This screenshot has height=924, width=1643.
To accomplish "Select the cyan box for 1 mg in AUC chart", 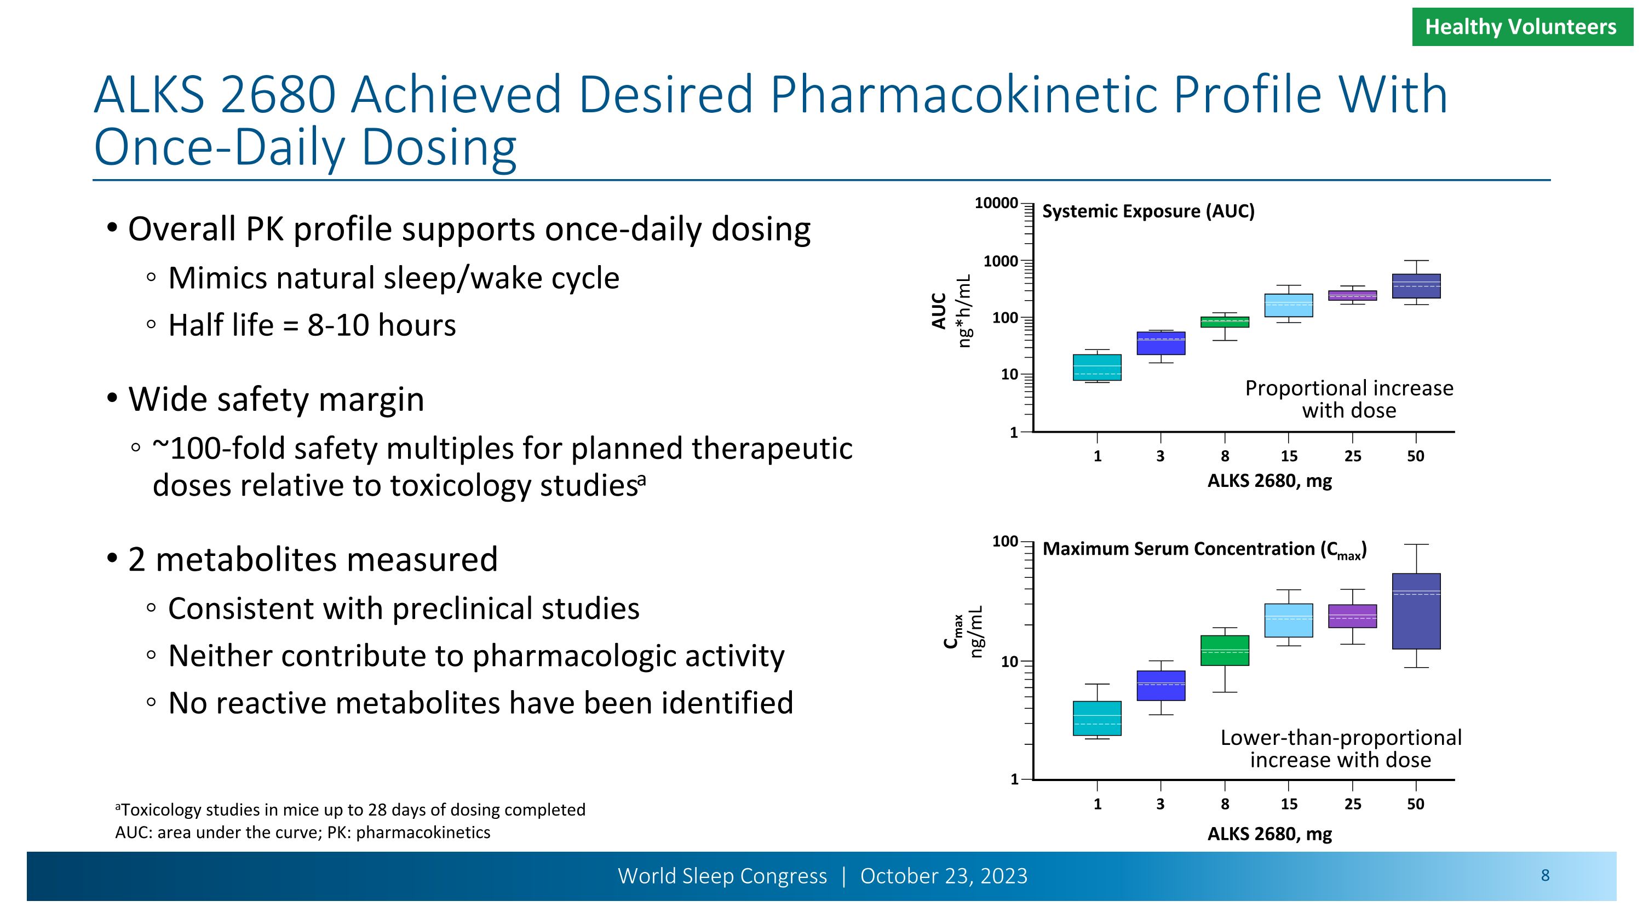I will [1097, 368].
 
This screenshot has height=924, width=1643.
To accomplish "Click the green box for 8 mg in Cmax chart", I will [1225, 651].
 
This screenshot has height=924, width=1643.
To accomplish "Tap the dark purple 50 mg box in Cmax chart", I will [1416, 611].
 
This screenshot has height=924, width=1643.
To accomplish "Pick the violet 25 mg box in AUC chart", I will [1352, 295].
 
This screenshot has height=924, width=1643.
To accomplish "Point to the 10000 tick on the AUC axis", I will [996, 203].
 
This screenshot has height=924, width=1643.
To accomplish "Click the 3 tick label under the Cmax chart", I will [1160, 804].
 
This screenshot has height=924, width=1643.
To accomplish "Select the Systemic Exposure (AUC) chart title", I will [1148, 211].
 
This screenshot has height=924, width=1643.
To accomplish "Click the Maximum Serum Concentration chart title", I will [1204, 549].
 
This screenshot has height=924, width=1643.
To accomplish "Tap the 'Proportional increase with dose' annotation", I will [1349, 399].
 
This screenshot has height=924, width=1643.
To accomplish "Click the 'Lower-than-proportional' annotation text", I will [1341, 738].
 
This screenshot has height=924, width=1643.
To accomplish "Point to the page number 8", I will [1545, 876].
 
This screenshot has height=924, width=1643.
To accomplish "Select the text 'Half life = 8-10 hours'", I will [312, 325].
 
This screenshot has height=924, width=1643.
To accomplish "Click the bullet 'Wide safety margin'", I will [275, 400].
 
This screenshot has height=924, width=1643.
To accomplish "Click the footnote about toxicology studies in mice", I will [351, 810].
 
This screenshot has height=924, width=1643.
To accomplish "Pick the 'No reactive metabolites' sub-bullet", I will [480, 703].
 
